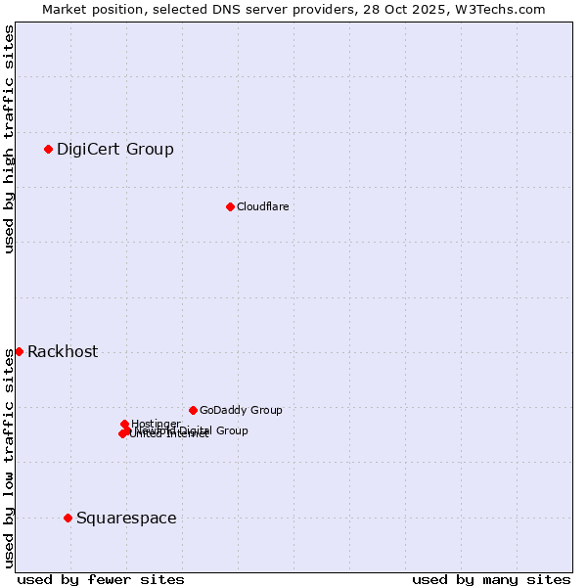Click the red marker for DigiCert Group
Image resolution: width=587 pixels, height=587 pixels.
[48, 149]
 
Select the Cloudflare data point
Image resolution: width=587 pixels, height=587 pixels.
[230, 206]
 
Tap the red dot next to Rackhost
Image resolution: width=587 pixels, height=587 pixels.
[19, 351]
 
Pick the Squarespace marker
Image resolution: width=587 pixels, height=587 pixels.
[68, 518]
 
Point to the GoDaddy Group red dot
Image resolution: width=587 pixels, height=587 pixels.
[193, 410]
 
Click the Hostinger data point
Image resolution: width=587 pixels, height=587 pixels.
[124, 424]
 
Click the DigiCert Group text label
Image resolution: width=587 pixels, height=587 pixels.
[114, 150]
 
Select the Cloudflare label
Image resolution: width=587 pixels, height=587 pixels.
[262, 206]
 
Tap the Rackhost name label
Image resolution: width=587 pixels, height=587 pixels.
[63, 352]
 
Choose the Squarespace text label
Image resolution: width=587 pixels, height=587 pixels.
[126, 519]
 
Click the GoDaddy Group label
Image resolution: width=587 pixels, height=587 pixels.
[241, 410]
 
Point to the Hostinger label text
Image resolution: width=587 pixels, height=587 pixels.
[156, 424]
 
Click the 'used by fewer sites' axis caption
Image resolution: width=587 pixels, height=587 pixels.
[101, 579]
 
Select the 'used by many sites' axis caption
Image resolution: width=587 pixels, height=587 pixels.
[491, 579]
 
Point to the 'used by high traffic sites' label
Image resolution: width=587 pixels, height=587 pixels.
[9, 139]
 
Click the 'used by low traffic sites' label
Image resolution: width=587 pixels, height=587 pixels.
[9, 457]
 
